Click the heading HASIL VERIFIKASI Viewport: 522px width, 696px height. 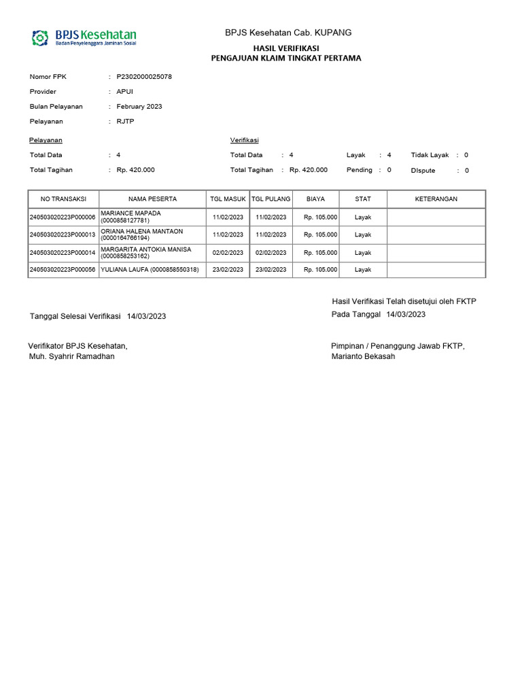coord(286,48)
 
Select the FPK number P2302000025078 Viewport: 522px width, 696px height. coord(144,77)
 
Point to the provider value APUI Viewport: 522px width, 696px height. coord(125,92)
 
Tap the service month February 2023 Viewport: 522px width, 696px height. coord(139,107)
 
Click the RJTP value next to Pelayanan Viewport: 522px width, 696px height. coord(126,122)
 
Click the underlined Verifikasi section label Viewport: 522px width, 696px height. coord(245,140)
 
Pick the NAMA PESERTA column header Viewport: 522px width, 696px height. coord(153,199)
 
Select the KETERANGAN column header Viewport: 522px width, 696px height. coord(436,199)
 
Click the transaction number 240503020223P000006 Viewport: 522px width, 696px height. coord(63,217)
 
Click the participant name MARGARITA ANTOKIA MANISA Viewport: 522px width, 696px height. coord(146,249)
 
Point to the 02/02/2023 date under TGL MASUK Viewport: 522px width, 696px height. coord(228,253)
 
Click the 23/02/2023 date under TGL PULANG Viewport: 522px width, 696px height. coord(271,270)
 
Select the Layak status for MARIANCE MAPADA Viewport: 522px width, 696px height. coord(363,217)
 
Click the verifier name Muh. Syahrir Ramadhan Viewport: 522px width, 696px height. coord(71,357)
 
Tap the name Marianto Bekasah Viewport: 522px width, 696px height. coord(363,357)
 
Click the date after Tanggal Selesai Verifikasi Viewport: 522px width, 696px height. coord(146,317)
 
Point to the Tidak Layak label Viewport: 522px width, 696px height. coord(430,155)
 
